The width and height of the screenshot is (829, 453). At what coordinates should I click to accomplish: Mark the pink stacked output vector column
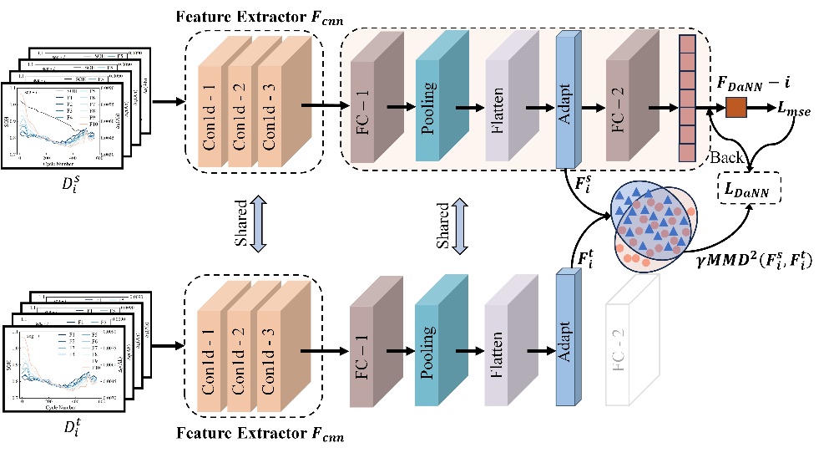[687, 98]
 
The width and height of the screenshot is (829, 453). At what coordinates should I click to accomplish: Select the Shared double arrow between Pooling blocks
[457, 224]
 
